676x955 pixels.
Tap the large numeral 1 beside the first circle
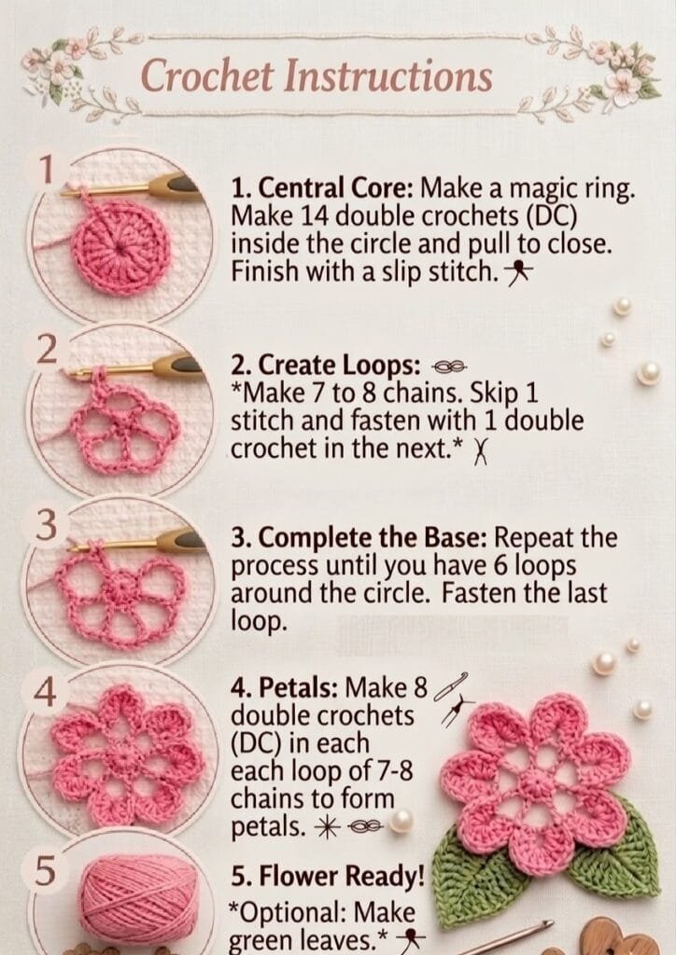(46, 170)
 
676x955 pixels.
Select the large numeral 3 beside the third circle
(46, 525)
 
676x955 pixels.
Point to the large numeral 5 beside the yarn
(44, 870)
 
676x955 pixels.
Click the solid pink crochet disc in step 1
(120, 247)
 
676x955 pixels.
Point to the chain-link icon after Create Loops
(448, 367)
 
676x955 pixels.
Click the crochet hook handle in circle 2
(177, 366)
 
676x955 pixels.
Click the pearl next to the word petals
(401, 821)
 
